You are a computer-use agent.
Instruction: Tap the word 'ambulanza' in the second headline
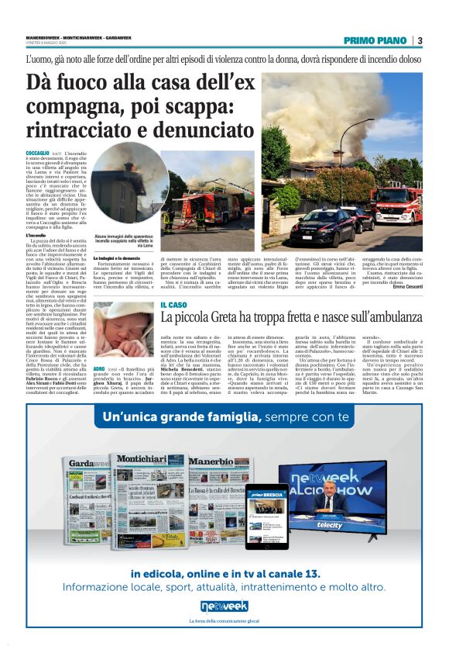(394, 320)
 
